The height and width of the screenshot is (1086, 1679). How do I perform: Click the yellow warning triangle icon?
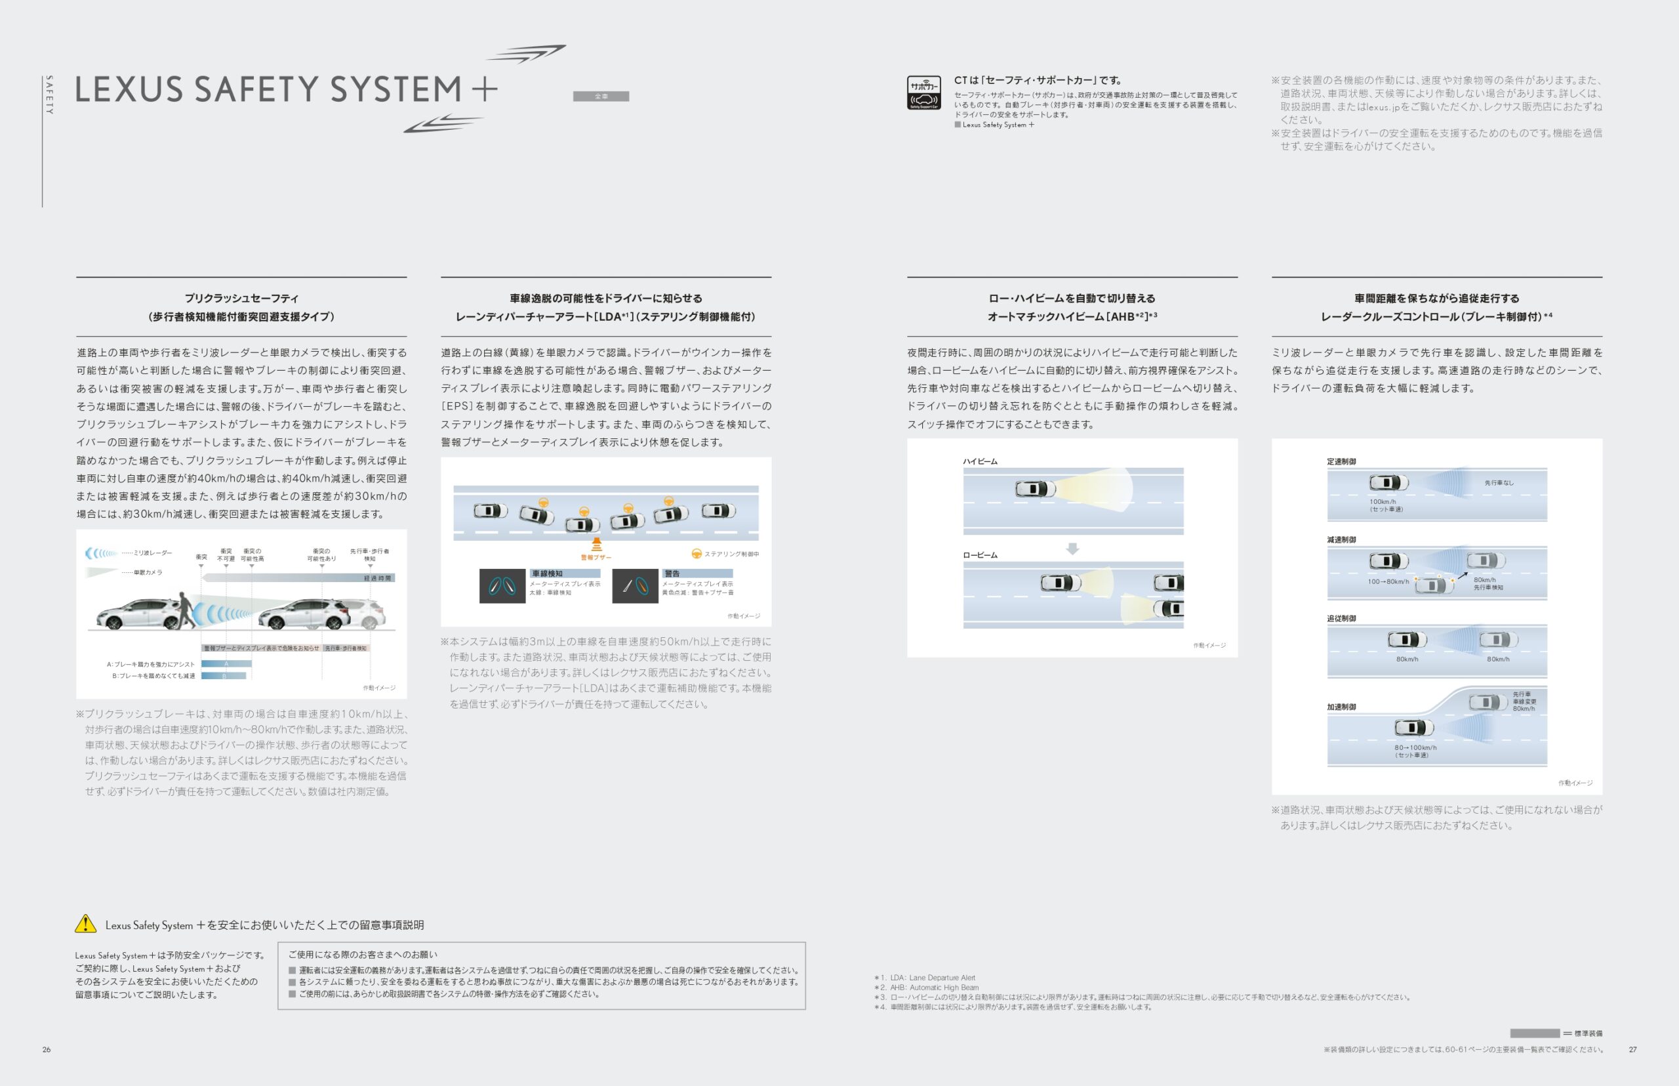pyautogui.click(x=85, y=924)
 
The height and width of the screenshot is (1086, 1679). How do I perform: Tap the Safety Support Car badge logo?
pyautogui.click(x=923, y=93)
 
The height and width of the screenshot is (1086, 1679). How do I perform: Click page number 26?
pyautogui.click(x=47, y=1049)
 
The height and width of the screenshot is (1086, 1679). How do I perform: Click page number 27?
pyautogui.click(x=1632, y=1049)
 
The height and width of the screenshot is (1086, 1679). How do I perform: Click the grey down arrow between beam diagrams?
pyautogui.click(x=1072, y=549)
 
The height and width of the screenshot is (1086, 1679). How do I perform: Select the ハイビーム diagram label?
pyautogui.click(x=980, y=461)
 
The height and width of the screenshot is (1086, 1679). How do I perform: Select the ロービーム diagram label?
pyautogui.click(x=980, y=555)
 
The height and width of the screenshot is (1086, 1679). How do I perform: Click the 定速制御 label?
pyautogui.click(x=1341, y=461)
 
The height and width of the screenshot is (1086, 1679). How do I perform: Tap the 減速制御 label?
pyautogui.click(x=1341, y=539)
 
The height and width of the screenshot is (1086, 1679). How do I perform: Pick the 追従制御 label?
pyautogui.click(x=1341, y=618)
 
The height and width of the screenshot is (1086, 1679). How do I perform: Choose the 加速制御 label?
pyautogui.click(x=1341, y=707)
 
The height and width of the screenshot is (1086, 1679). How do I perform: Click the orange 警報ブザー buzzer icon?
pyautogui.click(x=596, y=545)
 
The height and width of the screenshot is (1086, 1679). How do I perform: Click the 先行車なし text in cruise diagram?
pyautogui.click(x=1499, y=483)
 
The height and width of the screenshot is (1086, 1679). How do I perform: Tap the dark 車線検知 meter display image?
pyautogui.click(x=502, y=585)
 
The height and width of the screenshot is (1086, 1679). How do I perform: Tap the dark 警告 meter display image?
pyautogui.click(x=635, y=585)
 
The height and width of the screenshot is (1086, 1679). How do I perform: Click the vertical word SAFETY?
pyautogui.click(x=49, y=94)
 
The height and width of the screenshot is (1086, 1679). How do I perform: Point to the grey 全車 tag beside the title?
pyautogui.click(x=601, y=96)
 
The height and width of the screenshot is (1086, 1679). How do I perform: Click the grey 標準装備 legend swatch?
pyautogui.click(x=1534, y=1033)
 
